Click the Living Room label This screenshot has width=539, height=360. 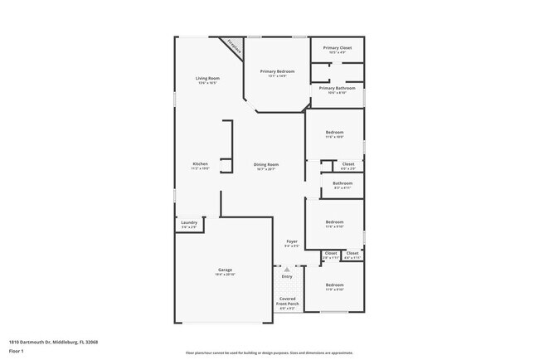207,78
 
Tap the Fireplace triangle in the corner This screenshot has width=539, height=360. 235,46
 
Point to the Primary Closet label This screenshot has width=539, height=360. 337,48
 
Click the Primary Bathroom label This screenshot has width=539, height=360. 337,88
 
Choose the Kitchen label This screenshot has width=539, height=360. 201,164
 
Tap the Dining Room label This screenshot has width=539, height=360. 266,165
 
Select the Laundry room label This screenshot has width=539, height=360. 188,221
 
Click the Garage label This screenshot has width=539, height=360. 225,270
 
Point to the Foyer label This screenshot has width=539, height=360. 292,241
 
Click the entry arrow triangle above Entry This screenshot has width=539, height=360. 287,270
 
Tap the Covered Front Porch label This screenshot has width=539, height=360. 287,301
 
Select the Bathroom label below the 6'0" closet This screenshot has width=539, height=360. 342,183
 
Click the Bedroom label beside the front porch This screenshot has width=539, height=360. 334,285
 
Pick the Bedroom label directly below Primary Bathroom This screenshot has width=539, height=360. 334,133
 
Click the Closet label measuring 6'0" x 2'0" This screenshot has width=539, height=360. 348,164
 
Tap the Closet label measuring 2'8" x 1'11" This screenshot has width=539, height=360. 331,253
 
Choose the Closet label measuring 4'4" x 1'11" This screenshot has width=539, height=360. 352,253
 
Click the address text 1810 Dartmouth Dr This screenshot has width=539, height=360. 42,341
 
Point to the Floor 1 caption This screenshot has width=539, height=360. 17,352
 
